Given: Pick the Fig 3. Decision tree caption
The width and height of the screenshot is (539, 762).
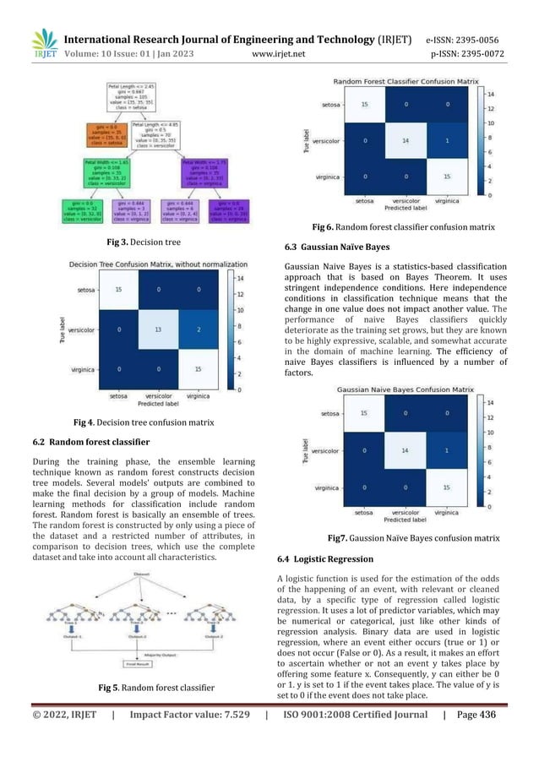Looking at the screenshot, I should tap(144, 242).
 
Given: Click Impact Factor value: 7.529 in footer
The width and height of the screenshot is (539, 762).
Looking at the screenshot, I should tap(188, 741).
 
